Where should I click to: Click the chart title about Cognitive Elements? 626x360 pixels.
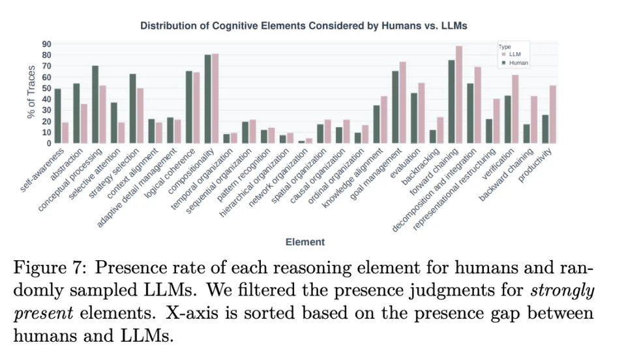point(304,25)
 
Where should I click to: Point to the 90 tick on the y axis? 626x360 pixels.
point(47,44)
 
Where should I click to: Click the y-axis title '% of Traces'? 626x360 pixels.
point(31,94)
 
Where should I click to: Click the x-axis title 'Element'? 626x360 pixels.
point(305,242)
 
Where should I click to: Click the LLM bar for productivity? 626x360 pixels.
point(552,115)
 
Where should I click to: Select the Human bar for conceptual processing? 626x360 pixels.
point(95,104)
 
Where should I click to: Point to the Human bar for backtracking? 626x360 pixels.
point(432,136)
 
